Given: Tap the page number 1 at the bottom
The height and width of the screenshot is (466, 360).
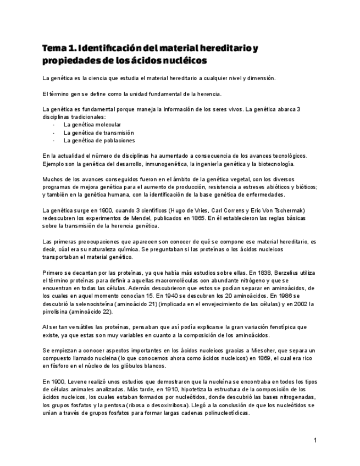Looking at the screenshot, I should (x=315, y=440).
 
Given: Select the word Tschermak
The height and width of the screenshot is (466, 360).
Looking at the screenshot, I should (x=282, y=210).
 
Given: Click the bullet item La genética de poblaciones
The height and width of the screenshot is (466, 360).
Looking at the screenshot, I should (x=98, y=140).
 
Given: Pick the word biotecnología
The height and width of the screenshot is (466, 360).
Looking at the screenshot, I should (x=273, y=164).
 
